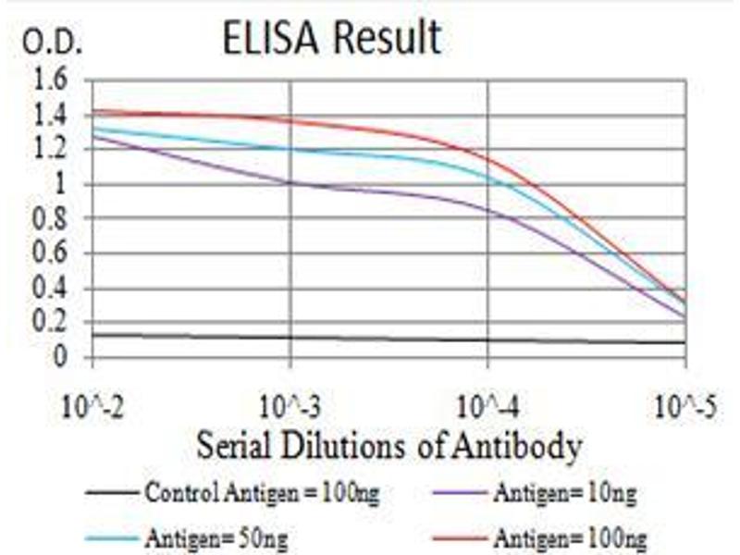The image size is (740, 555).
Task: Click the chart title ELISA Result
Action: pos(331,39)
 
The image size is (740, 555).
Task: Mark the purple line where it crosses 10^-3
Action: pos(290,183)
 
